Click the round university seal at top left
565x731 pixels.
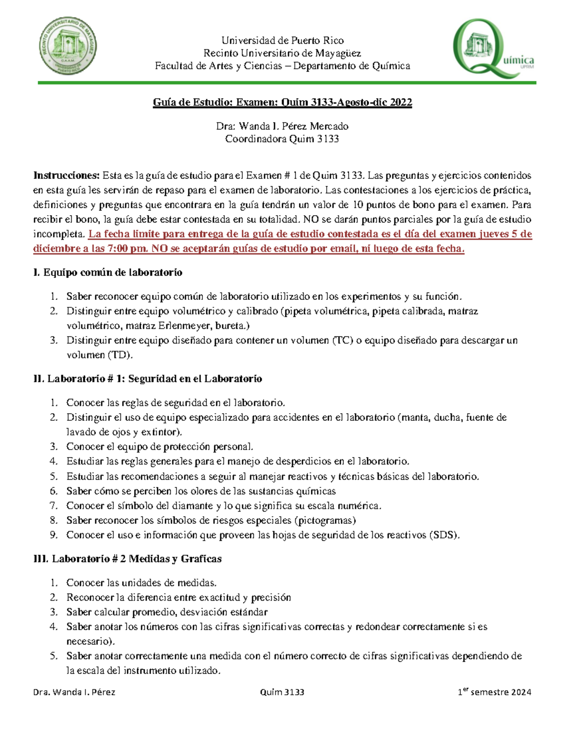point(68,47)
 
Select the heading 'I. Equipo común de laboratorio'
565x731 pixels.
point(108,273)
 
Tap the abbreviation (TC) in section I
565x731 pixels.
point(342,340)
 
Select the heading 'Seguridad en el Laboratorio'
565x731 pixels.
point(195,379)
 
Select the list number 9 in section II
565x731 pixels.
point(54,535)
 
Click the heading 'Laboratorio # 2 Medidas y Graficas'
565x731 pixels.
point(137,559)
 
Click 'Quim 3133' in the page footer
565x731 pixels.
point(282,692)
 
